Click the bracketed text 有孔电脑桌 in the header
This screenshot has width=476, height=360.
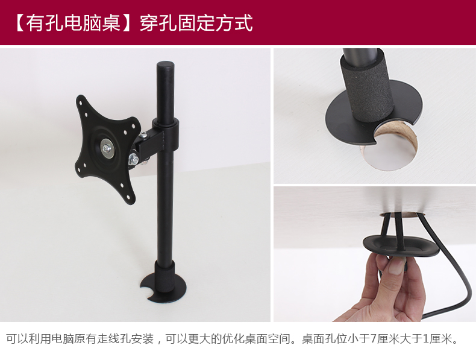[73, 23]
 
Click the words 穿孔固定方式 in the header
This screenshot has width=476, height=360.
[196, 23]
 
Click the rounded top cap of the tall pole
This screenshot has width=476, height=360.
[165, 65]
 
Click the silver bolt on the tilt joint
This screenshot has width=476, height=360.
[133, 159]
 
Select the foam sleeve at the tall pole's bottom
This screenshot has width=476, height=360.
[164, 276]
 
